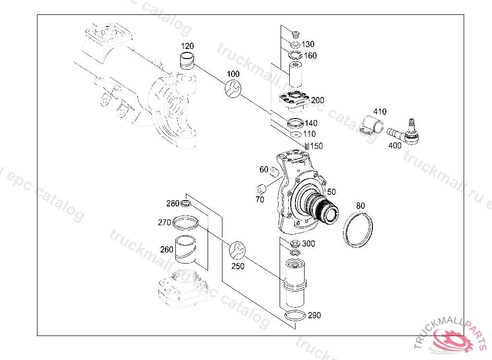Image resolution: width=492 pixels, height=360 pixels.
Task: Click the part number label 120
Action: (x=187, y=46)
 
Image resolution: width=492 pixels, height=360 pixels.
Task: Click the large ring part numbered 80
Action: (x=359, y=229)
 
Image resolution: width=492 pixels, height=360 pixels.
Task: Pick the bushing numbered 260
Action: (x=187, y=250)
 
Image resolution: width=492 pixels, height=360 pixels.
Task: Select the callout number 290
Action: (x=314, y=315)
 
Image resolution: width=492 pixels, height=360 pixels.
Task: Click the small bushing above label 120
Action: (x=187, y=61)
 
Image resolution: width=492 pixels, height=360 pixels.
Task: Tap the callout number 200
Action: (x=317, y=100)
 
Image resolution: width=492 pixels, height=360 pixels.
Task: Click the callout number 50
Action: (x=331, y=192)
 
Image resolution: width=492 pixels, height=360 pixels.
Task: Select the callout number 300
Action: (x=308, y=244)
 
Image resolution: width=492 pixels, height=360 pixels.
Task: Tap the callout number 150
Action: (x=316, y=146)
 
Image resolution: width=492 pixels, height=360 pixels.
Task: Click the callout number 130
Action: (x=308, y=44)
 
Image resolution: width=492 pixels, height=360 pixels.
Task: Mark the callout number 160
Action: (x=310, y=56)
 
